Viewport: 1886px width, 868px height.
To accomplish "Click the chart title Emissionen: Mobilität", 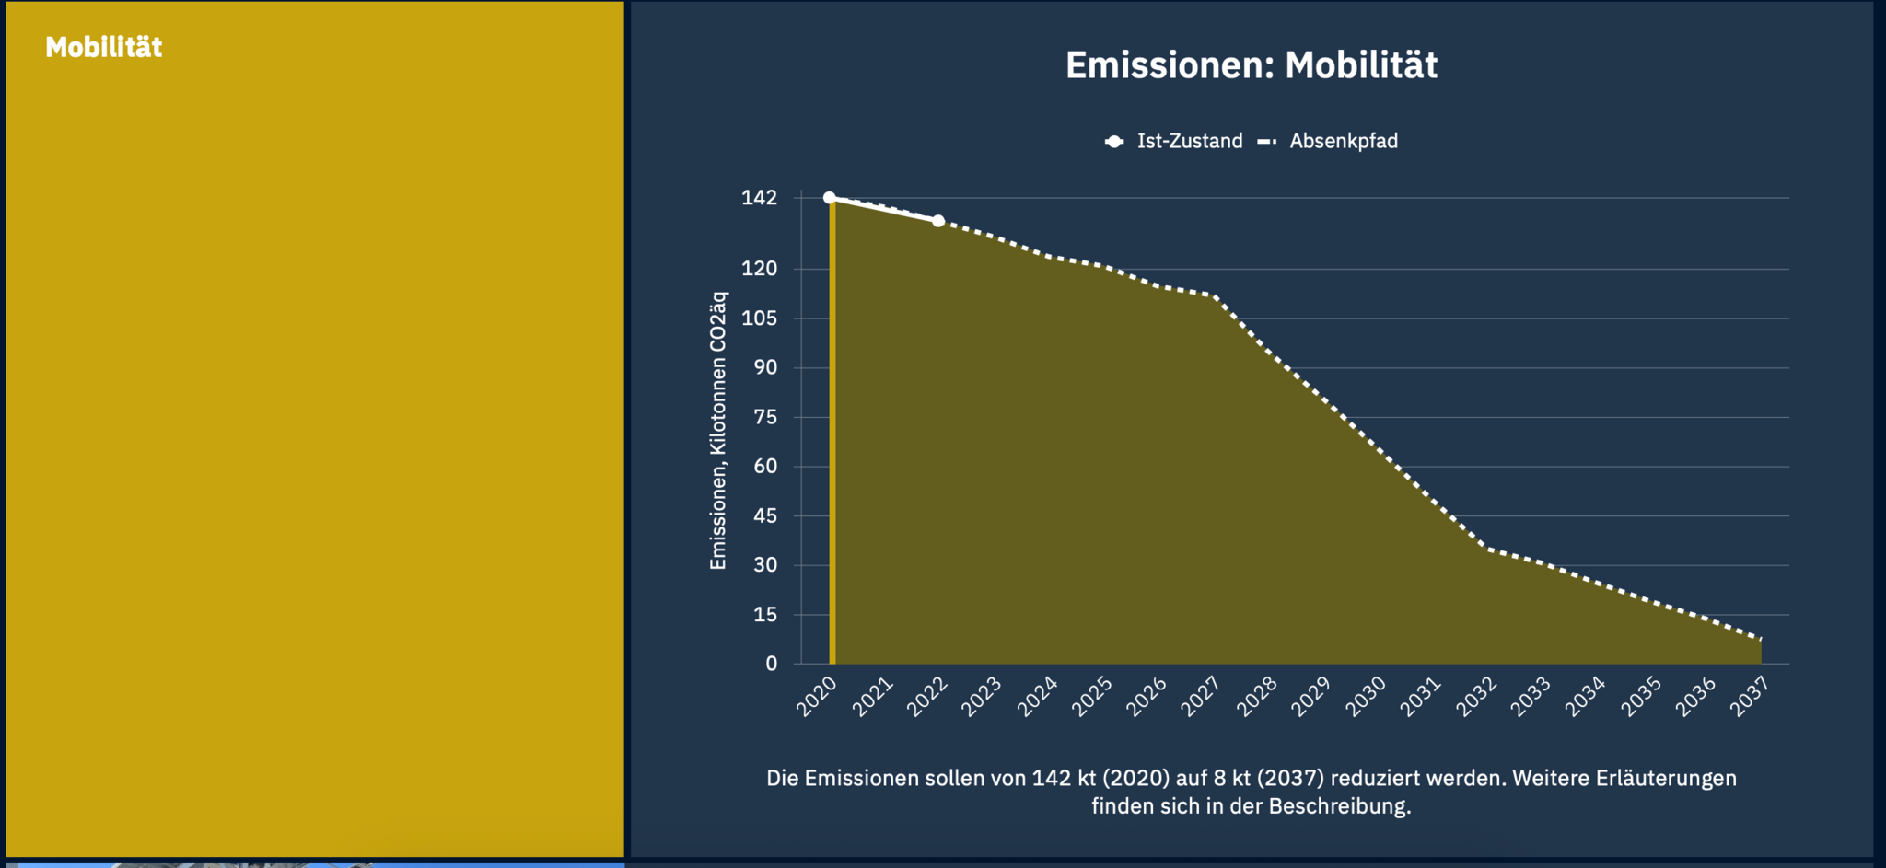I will [x=1251, y=65].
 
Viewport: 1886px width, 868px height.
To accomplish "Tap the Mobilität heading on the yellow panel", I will [x=103, y=47].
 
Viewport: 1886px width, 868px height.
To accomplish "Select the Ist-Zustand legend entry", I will [x=1188, y=141].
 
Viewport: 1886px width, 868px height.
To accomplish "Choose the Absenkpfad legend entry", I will [x=1343, y=141].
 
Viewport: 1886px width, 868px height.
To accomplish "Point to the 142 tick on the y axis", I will [x=759, y=198].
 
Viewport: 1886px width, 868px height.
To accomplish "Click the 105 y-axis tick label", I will [x=759, y=318].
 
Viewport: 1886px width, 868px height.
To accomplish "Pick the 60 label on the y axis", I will [x=764, y=467].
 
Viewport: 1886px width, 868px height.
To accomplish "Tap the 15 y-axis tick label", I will [x=764, y=615].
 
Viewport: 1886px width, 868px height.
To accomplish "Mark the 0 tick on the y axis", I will [x=771, y=664].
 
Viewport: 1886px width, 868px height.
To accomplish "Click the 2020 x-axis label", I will [x=817, y=697].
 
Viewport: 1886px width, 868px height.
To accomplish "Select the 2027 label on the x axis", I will [x=1201, y=697].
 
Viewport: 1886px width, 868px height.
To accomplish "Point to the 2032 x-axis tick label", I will [x=1475, y=697].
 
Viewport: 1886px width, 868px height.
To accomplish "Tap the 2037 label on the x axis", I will [x=1750, y=697].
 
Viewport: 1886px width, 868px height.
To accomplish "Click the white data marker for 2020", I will [x=830, y=198].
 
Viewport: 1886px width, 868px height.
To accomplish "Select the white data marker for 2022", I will [x=938, y=221].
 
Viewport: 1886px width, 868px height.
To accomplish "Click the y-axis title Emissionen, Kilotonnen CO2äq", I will [x=718, y=431].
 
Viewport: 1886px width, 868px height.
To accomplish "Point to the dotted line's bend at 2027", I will [x=1215, y=296].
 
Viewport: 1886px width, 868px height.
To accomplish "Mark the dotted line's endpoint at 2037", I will [x=1761, y=638].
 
